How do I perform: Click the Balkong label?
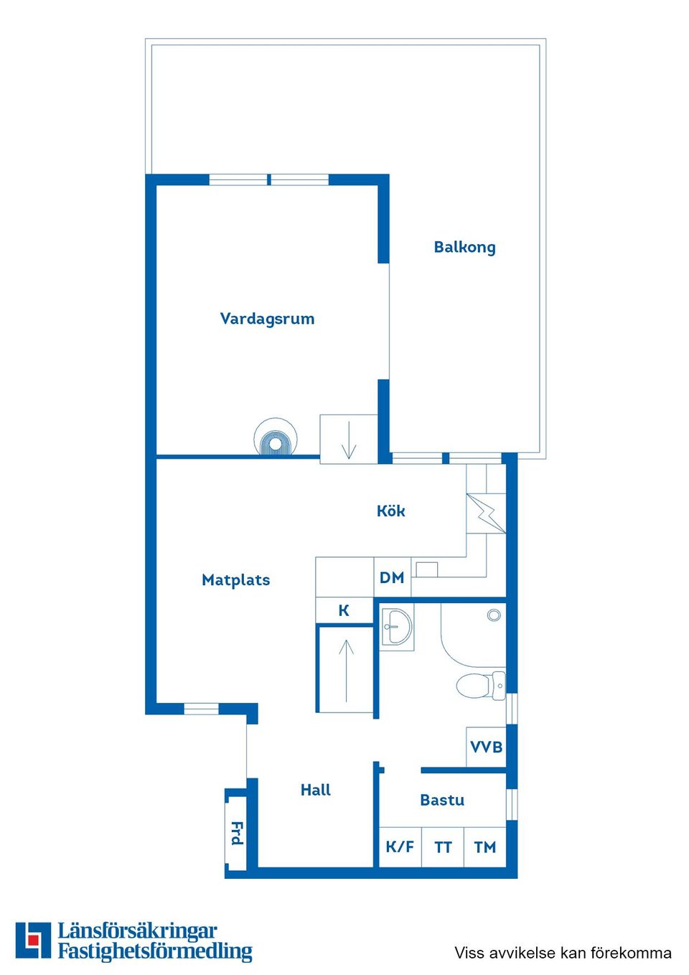click(x=464, y=247)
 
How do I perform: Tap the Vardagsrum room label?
click(x=267, y=319)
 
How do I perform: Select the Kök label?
click(x=391, y=511)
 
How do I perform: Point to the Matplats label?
click(x=235, y=580)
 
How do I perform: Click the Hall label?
click(x=316, y=790)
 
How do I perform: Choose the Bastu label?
click(x=442, y=800)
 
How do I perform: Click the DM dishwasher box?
click(x=392, y=578)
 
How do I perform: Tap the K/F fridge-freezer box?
click(x=400, y=847)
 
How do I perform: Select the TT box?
click(x=443, y=847)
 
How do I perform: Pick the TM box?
click(x=485, y=847)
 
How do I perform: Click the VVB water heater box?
click(x=486, y=747)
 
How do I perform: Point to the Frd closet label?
click(x=237, y=834)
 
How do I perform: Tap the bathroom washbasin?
click(x=396, y=626)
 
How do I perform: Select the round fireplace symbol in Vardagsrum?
click(x=276, y=437)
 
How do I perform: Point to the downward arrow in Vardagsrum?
click(x=349, y=440)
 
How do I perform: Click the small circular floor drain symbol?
click(x=494, y=615)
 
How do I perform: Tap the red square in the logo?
click(x=33, y=941)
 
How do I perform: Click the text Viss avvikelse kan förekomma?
click(x=563, y=953)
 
